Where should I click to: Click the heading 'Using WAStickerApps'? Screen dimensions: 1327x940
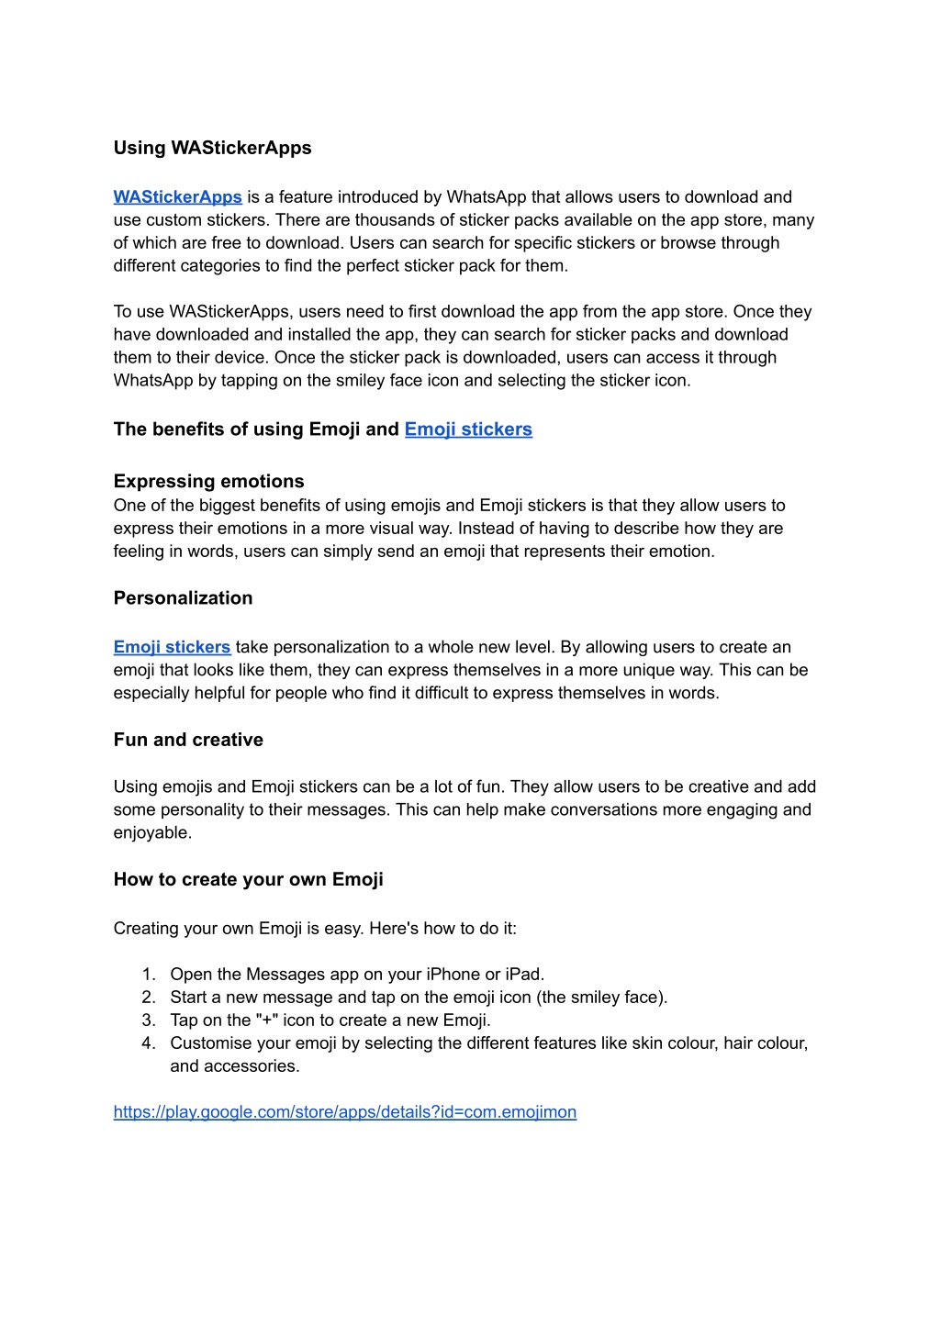coord(212,148)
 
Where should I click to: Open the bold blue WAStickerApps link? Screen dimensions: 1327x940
coord(177,197)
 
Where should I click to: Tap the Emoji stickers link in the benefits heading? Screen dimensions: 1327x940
coord(468,429)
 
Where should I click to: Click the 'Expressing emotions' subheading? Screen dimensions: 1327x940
coord(208,482)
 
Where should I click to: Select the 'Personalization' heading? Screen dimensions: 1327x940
coord(183,598)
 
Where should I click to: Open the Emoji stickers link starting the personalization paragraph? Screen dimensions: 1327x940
coord(172,647)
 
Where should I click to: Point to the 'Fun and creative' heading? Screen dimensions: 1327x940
coord(188,740)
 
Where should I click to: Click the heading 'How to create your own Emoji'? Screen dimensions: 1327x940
coord(248,879)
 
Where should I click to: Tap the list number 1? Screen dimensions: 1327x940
coord(148,975)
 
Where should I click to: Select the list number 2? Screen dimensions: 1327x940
coord(148,998)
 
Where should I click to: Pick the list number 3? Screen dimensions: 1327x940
coord(148,1020)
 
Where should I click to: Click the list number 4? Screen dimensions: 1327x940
coord(148,1043)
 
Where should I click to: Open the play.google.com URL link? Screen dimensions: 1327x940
coord(344,1112)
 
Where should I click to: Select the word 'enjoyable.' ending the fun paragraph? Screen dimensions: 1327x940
coord(152,833)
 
